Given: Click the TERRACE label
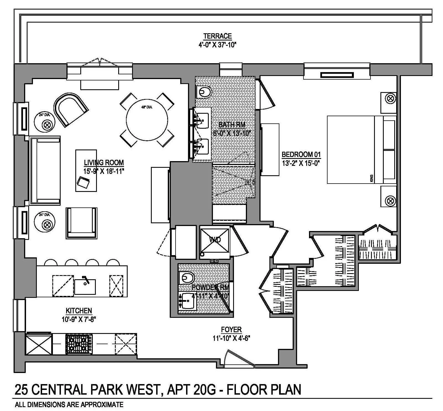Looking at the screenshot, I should pyautogui.click(x=217, y=36).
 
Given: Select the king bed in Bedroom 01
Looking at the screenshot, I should pyautogui.click(x=357, y=150).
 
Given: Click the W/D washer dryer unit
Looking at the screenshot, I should pyautogui.click(x=215, y=240).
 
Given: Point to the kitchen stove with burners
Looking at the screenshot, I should pyautogui.click(x=79, y=344).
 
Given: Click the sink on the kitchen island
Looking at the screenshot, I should pyautogui.click(x=85, y=286).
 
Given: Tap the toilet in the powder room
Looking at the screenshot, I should pyautogui.click(x=187, y=277).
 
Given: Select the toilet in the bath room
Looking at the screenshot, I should pyautogui.click(x=204, y=92).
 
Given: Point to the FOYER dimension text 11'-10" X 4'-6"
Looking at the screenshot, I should pyautogui.click(x=231, y=338).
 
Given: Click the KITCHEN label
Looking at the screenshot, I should pyautogui.click(x=79, y=311).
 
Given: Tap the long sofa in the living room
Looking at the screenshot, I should pyautogui.click(x=45, y=171).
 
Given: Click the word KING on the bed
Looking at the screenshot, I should pyautogui.click(x=372, y=178).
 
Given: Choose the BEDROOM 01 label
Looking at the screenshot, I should pyautogui.click(x=301, y=154).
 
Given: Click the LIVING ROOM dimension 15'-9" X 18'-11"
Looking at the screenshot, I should pyautogui.click(x=104, y=171).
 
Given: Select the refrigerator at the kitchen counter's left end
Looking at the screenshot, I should pyautogui.click(x=39, y=344).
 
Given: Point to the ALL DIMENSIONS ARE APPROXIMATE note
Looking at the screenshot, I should pyautogui.click(x=69, y=405).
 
